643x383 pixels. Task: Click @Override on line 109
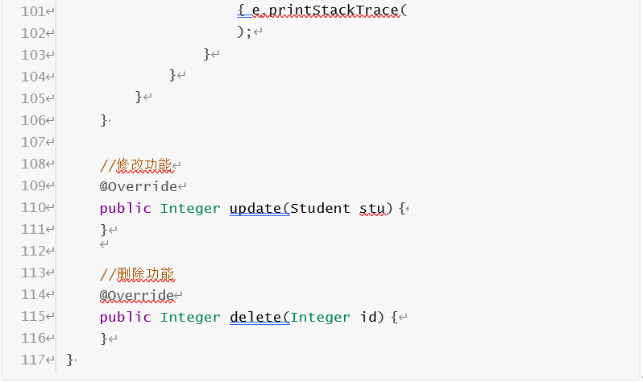(137, 186)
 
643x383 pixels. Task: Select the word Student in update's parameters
(320, 208)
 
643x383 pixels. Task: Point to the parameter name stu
(371, 208)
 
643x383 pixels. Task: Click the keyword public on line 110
(125, 208)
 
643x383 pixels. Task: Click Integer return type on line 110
(190, 208)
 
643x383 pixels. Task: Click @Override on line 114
(137, 295)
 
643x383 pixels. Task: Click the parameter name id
(367, 317)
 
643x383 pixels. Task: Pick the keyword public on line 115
(125, 317)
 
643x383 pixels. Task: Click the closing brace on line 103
(207, 54)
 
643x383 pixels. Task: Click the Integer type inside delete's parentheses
(320, 317)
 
